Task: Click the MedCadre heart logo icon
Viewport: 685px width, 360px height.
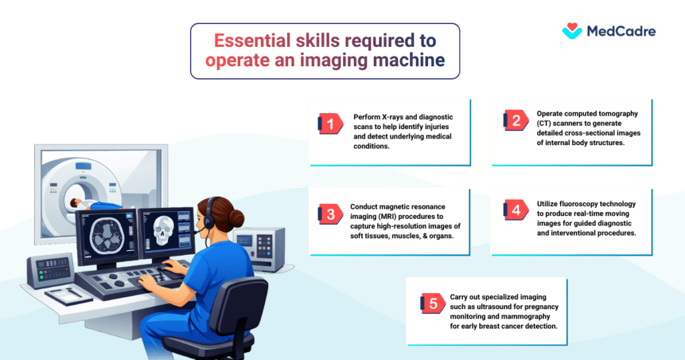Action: [572, 31]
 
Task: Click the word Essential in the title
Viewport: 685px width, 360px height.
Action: [252, 41]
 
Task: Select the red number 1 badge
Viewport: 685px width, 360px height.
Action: [330, 124]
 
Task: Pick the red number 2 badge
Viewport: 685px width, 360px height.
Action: [516, 120]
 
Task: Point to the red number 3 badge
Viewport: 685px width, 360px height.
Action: [330, 214]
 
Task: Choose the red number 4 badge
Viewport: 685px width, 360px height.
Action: [516, 209]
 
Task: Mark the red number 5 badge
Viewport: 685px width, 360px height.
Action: [433, 303]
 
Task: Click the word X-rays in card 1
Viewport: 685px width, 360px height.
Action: [392, 117]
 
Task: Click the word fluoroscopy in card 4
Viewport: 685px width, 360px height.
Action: [577, 203]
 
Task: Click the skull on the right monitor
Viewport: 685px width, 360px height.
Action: [163, 230]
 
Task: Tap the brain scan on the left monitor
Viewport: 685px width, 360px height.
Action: [107, 236]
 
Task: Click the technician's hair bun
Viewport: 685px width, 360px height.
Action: [236, 217]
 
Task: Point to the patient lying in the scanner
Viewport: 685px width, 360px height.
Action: [96, 205]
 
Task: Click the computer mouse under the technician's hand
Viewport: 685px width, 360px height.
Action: [165, 268]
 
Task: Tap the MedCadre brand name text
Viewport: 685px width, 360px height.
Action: [621, 31]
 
